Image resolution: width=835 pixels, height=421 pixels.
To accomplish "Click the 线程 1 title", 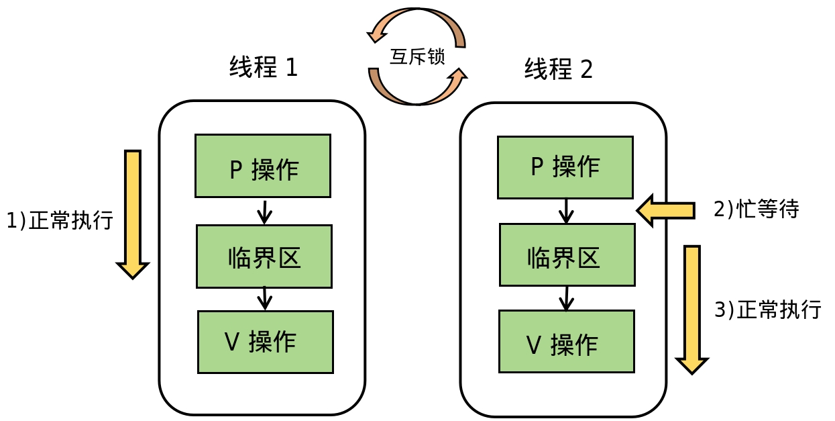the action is [264, 67].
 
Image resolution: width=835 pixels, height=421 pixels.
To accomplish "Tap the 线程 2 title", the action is [559, 69].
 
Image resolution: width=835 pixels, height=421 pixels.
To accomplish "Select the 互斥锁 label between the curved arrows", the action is [417, 56].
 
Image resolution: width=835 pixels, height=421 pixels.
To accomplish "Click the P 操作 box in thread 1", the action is [263, 166].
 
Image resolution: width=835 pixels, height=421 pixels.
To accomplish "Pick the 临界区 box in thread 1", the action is [264, 256].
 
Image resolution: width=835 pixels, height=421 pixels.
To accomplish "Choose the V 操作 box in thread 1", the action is [266, 342].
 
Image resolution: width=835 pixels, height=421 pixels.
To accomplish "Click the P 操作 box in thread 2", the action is [565, 167].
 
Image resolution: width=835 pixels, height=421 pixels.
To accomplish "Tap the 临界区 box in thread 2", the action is [567, 255].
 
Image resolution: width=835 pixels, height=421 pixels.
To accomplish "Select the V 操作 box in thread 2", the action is [567, 341].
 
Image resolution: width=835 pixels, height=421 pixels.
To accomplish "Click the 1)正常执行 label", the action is [60, 220].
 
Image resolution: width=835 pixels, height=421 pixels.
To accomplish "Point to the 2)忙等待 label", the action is [757, 209].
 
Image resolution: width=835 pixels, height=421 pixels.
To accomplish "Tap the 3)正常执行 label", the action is [767, 309].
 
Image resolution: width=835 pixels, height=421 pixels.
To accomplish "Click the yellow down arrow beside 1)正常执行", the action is [133, 214].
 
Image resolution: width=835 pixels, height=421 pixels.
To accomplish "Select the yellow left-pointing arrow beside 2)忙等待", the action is [665, 211].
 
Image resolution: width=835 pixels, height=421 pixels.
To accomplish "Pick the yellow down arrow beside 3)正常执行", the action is [692, 310].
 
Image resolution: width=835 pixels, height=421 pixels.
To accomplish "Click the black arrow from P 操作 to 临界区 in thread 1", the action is [264, 212].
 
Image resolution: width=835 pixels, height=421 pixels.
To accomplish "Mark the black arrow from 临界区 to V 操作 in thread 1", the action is [265, 299].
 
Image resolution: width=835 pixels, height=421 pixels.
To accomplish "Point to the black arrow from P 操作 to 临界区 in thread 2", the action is [566, 212].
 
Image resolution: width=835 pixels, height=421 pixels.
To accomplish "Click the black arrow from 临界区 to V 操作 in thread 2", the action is [567, 299].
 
